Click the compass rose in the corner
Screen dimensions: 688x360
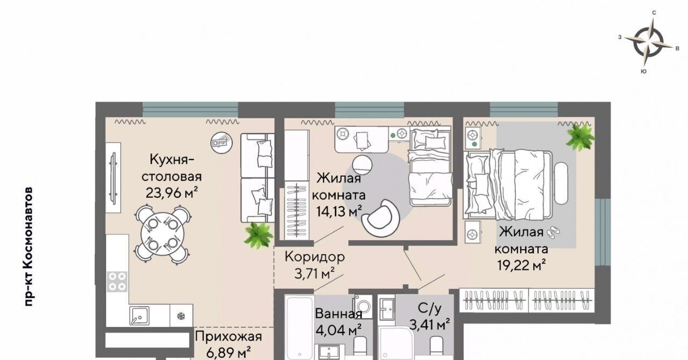coord(649,42)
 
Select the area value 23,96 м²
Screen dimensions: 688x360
coord(171,193)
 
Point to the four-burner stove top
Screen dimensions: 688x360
coord(117,282)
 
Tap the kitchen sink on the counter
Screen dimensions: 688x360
coord(139,315)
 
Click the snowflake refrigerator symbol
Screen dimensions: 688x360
coord(181,316)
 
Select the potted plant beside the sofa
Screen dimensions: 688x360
coord(259,235)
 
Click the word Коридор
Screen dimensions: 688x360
coord(314,257)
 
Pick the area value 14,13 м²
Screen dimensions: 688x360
coord(339,212)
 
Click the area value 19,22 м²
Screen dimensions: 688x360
coord(521,265)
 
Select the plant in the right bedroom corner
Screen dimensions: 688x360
coord(580,137)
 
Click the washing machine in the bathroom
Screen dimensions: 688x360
coord(364,306)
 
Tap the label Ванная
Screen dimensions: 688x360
coord(339,314)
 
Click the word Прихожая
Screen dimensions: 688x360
coord(228,337)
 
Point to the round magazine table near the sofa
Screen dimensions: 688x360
coord(221,142)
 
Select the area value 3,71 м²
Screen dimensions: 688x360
coord(314,273)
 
